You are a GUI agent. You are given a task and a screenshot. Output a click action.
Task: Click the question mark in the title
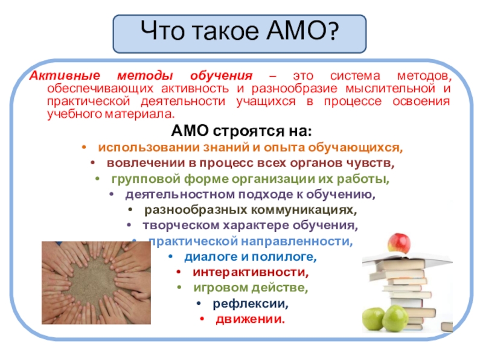tap(332, 31)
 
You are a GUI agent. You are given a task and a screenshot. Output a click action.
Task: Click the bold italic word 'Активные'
tap(65, 75)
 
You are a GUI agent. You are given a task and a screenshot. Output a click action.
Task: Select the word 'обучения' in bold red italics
tap(221, 75)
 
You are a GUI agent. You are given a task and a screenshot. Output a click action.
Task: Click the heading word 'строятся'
tap(249, 131)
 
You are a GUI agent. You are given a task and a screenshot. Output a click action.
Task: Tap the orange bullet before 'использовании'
tap(84, 147)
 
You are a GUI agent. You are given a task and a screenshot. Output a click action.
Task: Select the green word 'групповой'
tap(146, 179)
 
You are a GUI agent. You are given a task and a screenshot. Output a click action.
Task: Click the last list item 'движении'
tap(250, 319)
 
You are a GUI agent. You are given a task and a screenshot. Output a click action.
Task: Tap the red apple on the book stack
tap(399, 243)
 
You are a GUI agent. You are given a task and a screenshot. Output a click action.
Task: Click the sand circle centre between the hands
tap(92, 282)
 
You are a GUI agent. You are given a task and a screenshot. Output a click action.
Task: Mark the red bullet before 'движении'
tap(202, 319)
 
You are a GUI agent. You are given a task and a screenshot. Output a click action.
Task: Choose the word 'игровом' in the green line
tap(219, 288)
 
